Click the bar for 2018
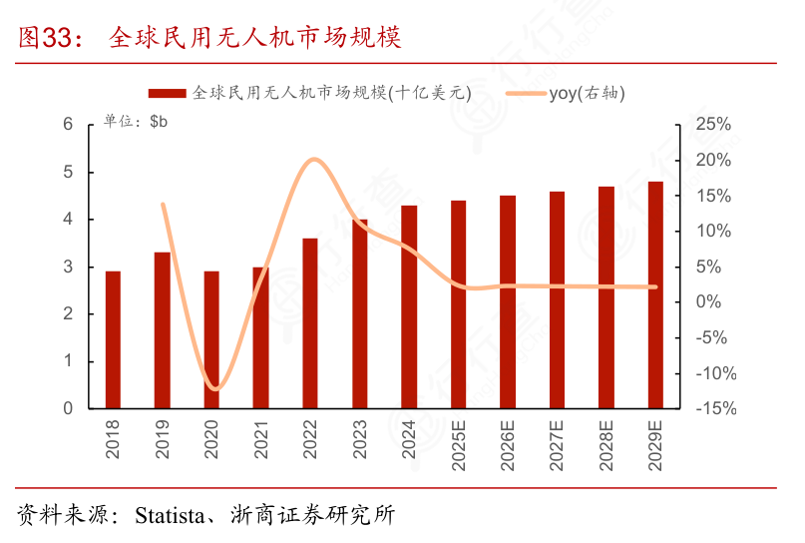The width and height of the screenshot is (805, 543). click(113, 339)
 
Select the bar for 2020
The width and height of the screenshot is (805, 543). click(211, 339)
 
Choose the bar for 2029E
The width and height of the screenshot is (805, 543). click(655, 294)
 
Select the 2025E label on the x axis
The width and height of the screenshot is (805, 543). click(459, 445)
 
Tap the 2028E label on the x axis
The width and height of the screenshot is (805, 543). click(606, 445)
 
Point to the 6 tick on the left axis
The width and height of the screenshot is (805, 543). click(68, 125)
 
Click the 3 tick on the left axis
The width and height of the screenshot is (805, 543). click(68, 267)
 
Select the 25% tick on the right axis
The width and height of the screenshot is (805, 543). click(714, 125)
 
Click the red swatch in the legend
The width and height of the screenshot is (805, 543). click(168, 93)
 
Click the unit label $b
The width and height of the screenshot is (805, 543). click(159, 122)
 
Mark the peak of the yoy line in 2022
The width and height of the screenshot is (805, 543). click(312, 159)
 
